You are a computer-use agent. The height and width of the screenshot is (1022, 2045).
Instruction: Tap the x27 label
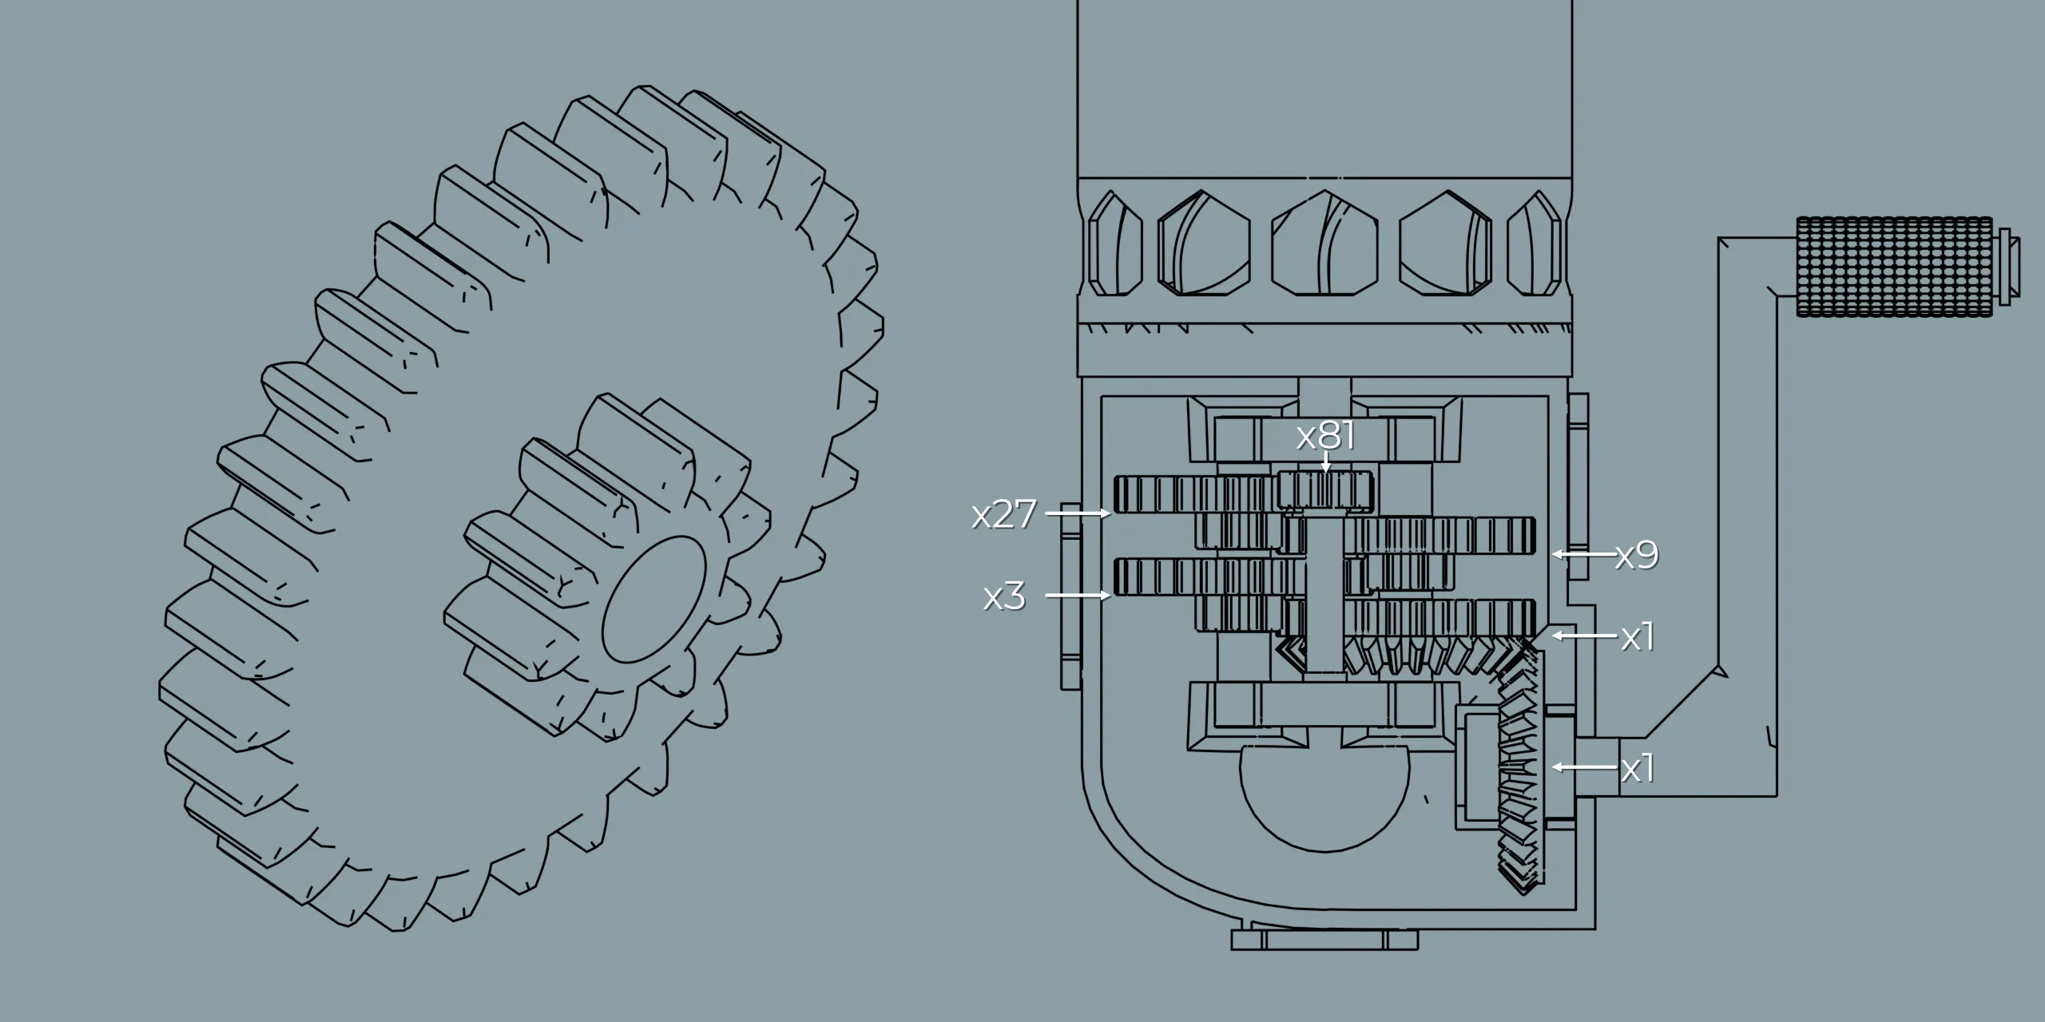(1004, 514)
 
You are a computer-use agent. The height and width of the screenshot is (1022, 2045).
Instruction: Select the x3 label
(1004, 596)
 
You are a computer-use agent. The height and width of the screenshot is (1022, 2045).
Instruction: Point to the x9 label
(1637, 555)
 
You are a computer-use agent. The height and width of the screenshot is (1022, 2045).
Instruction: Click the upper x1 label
(1638, 637)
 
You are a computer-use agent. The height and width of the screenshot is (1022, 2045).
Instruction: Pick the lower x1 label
(1638, 768)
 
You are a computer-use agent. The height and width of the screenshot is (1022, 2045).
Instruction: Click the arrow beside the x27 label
(1078, 513)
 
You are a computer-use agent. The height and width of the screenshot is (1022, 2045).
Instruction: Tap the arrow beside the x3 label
(1078, 595)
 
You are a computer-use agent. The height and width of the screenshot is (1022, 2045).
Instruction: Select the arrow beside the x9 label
(1584, 553)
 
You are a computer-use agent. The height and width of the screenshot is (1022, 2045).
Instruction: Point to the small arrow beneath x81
(1326, 462)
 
